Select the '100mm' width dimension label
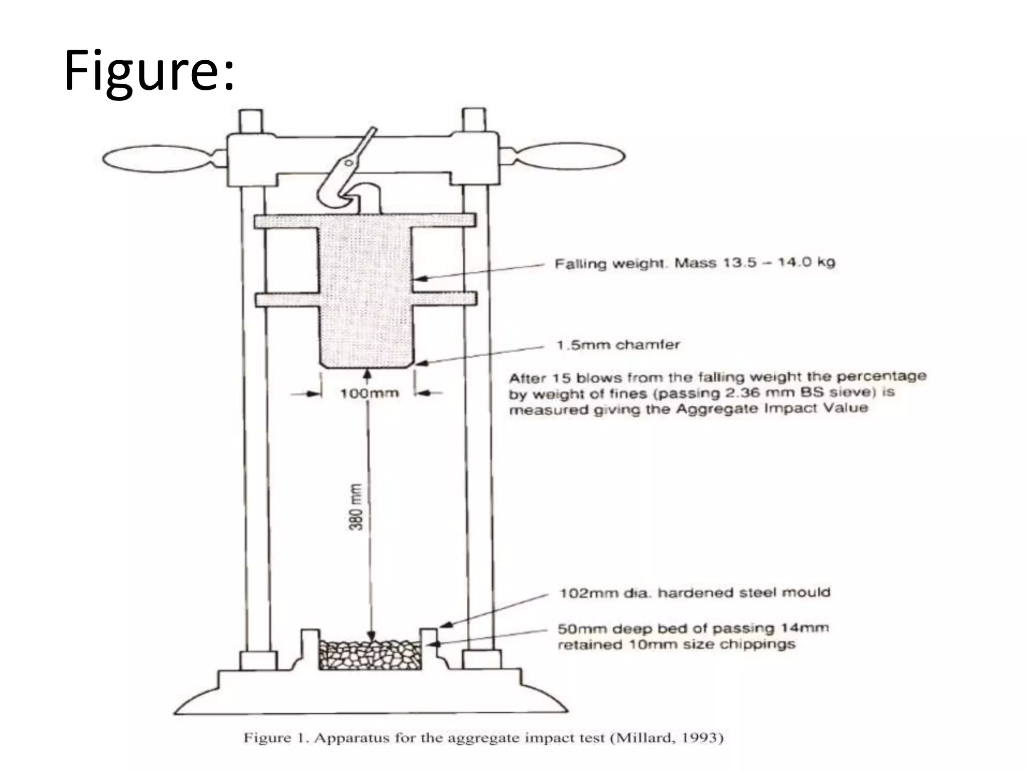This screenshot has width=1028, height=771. (369, 394)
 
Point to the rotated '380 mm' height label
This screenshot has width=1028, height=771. (355, 507)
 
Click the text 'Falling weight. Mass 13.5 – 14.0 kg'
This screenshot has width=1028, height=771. (694, 263)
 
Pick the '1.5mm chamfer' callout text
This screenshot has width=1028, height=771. (618, 345)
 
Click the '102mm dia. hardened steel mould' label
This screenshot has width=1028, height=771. (694, 593)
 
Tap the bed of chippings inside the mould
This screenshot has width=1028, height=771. (370, 655)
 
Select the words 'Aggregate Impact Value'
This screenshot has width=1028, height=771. (772, 408)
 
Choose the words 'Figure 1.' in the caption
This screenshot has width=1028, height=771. (275, 738)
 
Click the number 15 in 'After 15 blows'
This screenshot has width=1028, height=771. (562, 378)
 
